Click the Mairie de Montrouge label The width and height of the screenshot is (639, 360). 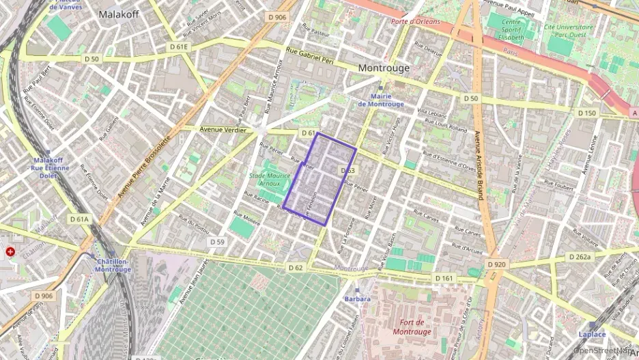click(380, 100)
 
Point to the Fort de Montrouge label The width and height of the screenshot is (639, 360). click(412, 327)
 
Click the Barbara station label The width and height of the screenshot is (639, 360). click(357, 299)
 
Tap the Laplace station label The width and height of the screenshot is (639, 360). click(592, 334)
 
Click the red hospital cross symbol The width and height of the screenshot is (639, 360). click(10, 251)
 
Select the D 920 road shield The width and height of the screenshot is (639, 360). click(496, 264)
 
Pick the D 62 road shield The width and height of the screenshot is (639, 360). click(295, 267)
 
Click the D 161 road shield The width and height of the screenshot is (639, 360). click(444, 278)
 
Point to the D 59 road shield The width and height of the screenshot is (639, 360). click(217, 242)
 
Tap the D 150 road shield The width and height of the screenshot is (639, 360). click(586, 113)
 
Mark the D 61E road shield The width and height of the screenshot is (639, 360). click(178, 46)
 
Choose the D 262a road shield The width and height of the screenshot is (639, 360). click(579, 257)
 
